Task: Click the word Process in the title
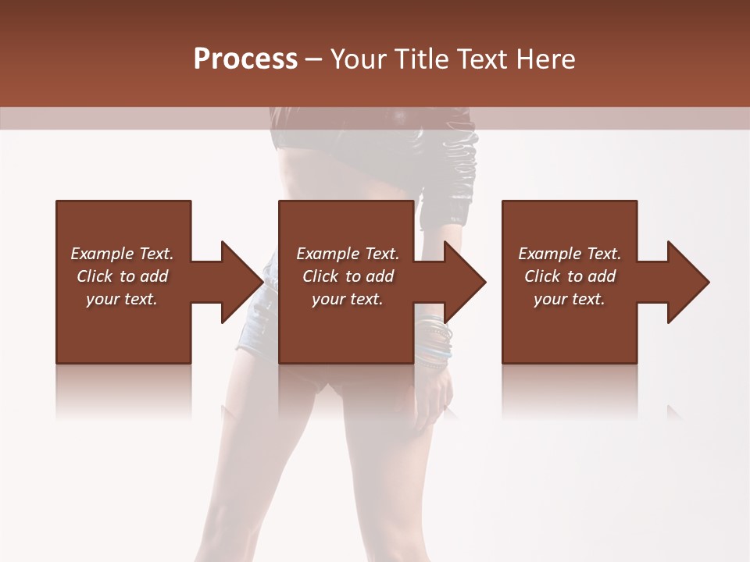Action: point(245,59)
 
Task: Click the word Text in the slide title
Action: point(484,59)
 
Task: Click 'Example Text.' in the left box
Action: point(122,254)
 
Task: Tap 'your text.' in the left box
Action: point(122,299)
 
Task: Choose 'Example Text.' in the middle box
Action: point(348,254)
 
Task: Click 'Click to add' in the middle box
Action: point(348,276)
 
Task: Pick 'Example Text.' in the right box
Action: point(570,254)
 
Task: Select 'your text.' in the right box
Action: point(570,299)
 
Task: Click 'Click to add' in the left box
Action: point(122,276)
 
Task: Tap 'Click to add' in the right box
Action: point(570,276)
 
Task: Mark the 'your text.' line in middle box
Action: point(348,299)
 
